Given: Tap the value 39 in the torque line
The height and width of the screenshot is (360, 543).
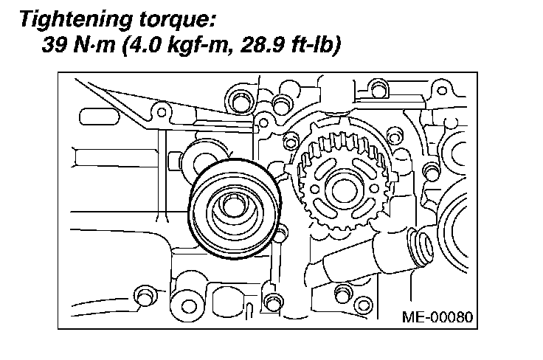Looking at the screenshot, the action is (54, 44).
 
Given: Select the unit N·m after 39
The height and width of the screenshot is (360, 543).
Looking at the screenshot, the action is (94, 44).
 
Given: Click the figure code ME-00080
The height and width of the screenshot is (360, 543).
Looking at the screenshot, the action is (437, 316).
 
